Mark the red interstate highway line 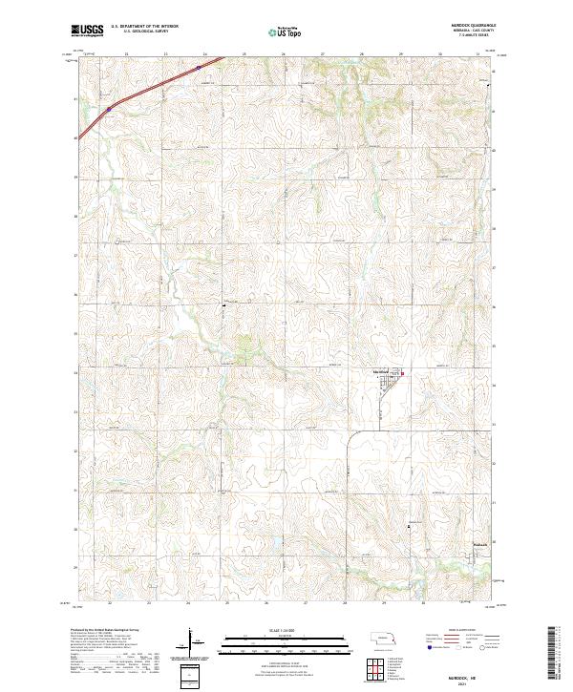click(x=143, y=92)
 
